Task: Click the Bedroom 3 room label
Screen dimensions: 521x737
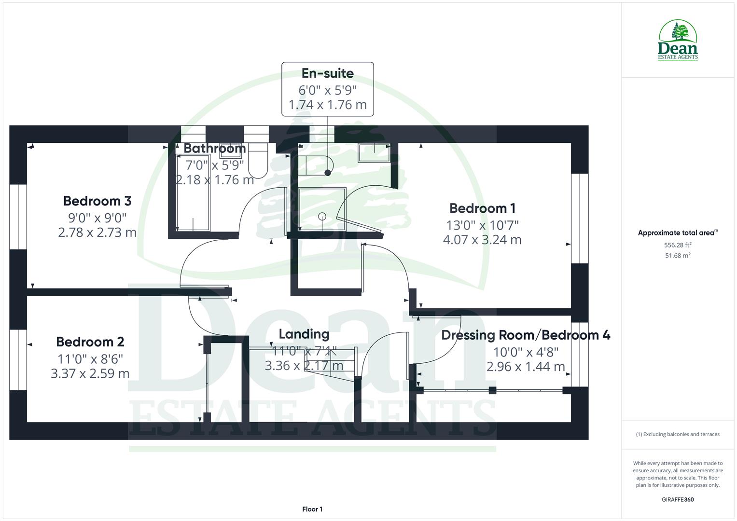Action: [x=97, y=201]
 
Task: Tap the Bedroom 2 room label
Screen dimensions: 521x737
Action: [x=90, y=342]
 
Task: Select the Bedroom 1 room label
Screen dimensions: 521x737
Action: [x=482, y=208]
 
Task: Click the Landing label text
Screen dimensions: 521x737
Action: [x=304, y=334]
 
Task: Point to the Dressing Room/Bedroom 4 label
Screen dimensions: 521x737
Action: [x=526, y=335]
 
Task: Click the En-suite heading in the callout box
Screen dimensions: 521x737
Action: [x=327, y=73]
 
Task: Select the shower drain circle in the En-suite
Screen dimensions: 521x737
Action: [x=322, y=216]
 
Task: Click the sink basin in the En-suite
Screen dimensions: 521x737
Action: [x=374, y=152]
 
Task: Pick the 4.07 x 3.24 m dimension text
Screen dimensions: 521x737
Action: [x=482, y=240]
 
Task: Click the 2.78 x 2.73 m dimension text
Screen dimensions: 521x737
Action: [x=97, y=233]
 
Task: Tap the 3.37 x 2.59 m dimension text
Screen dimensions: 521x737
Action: [x=90, y=373]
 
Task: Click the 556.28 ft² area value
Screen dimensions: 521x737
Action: [x=678, y=245]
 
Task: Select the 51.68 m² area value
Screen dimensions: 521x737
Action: [x=678, y=256]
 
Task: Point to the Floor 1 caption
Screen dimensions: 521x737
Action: [x=312, y=509]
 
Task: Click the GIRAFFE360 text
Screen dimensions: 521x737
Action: [x=678, y=499]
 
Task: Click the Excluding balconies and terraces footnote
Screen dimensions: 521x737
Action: [x=678, y=434]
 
